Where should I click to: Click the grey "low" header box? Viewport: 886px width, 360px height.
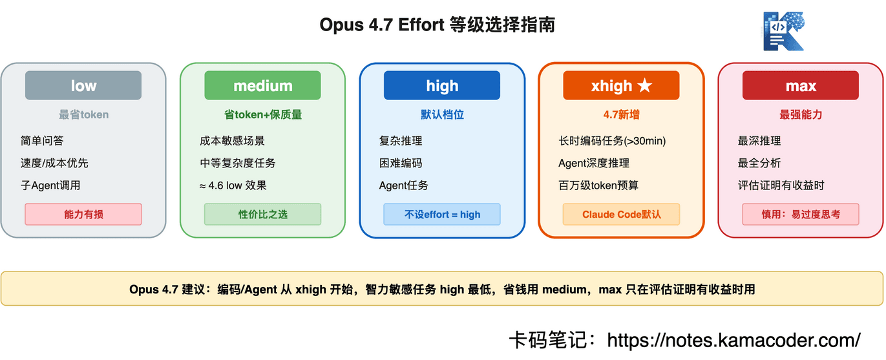tap(83, 85)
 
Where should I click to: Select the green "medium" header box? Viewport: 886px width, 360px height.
tap(262, 85)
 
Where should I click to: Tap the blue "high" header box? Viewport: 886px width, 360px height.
tap(442, 85)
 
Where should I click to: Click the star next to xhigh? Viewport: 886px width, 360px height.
tap(644, 85)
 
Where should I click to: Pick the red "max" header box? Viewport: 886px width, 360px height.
tap(801, 85)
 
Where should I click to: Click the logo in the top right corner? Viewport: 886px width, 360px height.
tap(783, 30)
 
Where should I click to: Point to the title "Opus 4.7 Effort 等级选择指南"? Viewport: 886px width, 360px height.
tap(437, 25)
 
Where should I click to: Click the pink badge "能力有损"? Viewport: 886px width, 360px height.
tap(83, 214)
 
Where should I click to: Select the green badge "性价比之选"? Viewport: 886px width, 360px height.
tap(262, 214)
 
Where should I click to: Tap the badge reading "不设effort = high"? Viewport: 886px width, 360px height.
tap(442, 214)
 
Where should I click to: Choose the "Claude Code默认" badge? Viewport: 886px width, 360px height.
tap(621, 214)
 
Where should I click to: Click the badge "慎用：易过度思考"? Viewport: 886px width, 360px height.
tap(801, 214)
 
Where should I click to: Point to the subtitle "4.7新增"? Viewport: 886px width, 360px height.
tap(621, 115)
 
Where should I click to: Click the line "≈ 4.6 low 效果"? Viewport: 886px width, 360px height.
tap(233, 185)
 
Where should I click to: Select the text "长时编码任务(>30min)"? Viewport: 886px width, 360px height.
tap(612, 141)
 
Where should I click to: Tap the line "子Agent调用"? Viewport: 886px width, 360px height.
tap(50, 185)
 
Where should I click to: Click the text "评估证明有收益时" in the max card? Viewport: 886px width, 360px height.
tap(781, 185)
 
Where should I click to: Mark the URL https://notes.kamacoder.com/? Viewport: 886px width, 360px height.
tap(733, 339)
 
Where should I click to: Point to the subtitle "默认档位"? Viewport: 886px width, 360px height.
tap(442, 115)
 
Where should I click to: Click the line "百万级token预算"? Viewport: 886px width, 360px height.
tap(598, 185)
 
